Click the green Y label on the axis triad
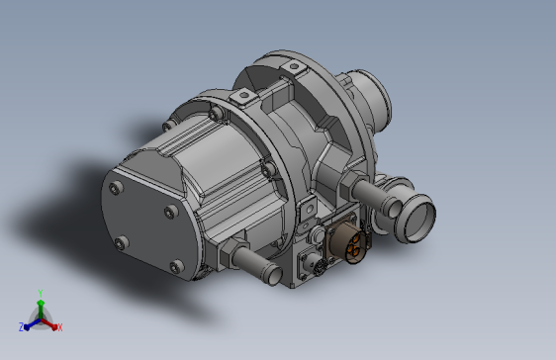click(41, 293)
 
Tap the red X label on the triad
click(60, 327)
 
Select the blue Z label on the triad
click(22, 326)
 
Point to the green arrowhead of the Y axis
click(41, 303)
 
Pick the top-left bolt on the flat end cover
click(116, 188)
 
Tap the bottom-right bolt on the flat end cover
click(176, 266)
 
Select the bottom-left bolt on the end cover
click(122, 243)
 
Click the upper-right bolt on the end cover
click(171, 212)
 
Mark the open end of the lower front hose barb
click(274, 275)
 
